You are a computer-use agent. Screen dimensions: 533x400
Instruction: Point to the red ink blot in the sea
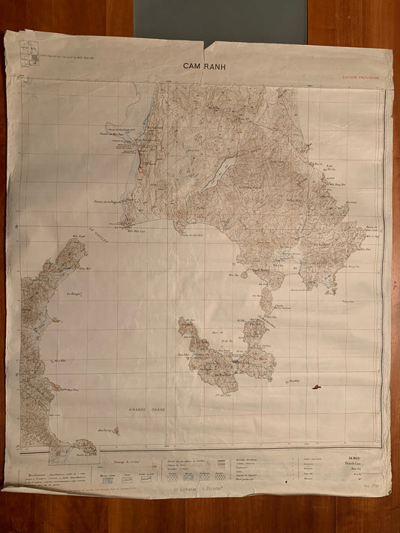[x=316, y=387]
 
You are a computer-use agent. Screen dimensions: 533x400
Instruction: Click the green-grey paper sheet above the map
[x=221, y=22]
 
